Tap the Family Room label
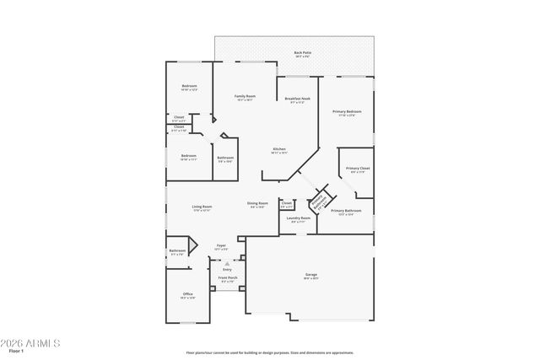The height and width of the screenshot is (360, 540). pyautogui.click(x=245, y=97)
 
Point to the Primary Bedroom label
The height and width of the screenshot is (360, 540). pyautogui.click(x=347, y=112)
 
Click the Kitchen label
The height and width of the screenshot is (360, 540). pyautogui.click(x=279, y=150)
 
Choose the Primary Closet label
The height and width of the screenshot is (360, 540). pyautogui.click(x=359, y=169)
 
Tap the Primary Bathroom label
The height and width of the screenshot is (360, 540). pyautogui.click(x=346, y=211)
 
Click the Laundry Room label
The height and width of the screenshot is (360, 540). pyautogui.click(x=299, y=218)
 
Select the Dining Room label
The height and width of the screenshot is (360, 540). pyautogui.click(x=257, y=203)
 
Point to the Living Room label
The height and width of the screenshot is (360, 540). pyautogui.click(x=202, y=207)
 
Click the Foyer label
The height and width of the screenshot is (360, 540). pyautogui.click(x=221, y=246)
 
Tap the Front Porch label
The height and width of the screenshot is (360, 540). pyautogui.click(x=228, y=277)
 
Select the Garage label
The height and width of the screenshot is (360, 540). pyautogui.click(x=310, y=276)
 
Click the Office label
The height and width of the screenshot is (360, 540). pyautogui.click(x=187, y=294)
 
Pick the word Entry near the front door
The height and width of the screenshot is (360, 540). pyautogui.click(x=227, y=269)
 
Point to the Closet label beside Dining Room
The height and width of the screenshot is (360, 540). pyautogui.click(x=287, y=203)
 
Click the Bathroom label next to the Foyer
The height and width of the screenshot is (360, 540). pyautogui.click(x=177, y=250)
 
